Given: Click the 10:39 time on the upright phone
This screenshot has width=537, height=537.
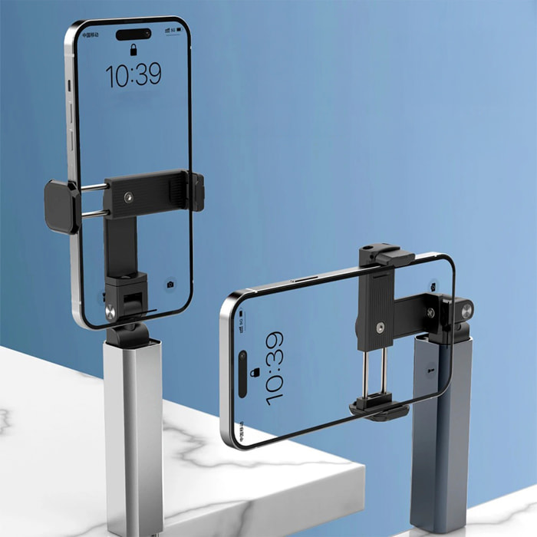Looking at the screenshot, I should coord(133,74).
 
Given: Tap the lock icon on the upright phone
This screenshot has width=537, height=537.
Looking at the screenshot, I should coord(133,51).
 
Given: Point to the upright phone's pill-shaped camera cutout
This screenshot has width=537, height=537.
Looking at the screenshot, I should coord(133,34).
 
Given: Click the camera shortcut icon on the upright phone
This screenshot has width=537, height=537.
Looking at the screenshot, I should coord(170,285).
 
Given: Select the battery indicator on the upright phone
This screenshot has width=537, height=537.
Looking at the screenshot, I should coord(181,31).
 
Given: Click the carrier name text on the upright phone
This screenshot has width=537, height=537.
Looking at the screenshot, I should coord(90,35).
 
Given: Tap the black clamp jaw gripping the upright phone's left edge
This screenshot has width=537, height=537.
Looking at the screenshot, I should coord(61,206).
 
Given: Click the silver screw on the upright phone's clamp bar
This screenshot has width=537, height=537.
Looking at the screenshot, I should coord(128,197).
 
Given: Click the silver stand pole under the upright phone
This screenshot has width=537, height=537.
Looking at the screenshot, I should coord(133,430).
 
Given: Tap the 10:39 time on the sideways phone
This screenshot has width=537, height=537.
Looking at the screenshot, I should coord(274,367).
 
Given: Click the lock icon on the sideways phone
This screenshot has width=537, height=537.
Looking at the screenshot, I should coord(255,372).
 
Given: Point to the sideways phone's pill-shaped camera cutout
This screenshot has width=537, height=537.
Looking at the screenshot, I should coord(242,374).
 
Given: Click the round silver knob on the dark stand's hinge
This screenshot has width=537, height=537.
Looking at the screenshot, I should coord(466,310).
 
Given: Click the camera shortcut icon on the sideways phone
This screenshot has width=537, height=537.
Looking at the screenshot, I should coord(433,285).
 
